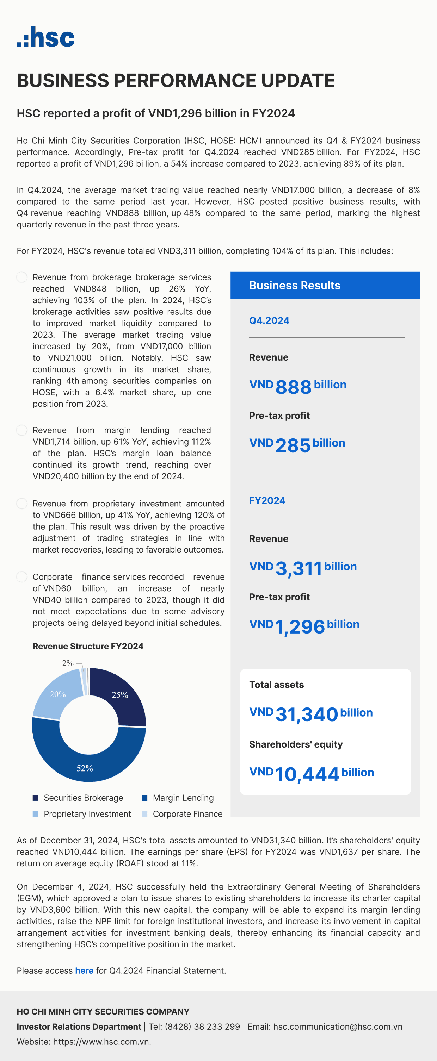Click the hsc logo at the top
pos(46,37)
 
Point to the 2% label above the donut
pos(68,663)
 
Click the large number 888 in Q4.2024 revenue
pos(293,387)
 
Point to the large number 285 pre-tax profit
pos(293,445)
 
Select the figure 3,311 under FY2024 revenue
pos(298,569)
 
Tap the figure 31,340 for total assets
pos(306,714)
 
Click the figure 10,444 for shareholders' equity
pos(307,774)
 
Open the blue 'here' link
pos(84,971)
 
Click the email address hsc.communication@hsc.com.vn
pos(338,1027)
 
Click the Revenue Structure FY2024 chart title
pos(88,646)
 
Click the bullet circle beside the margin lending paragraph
pos(22,430)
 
